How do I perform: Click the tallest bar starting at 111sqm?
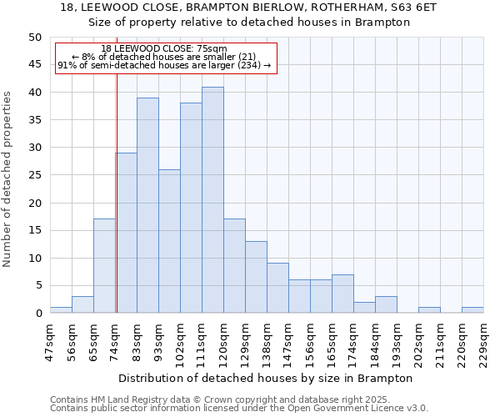pos(212,200)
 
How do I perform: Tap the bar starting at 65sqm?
pos(104,266)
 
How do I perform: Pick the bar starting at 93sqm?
pos(169,241)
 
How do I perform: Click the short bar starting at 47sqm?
pos(61,310)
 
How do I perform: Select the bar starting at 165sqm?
pos(342,294)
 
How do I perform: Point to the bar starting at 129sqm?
pos(256,277)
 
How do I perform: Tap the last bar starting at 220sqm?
pos(472,310)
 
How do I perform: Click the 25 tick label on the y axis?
pos(34,175)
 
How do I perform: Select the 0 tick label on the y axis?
pos(37,314)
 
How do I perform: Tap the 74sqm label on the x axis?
pos(116,340)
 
